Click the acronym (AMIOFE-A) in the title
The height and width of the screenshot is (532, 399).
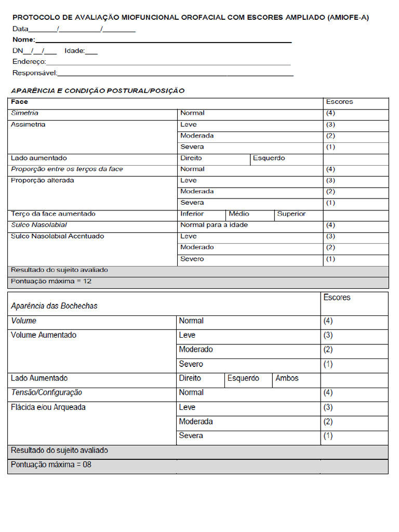point(348,17)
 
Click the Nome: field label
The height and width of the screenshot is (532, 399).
point(24,39)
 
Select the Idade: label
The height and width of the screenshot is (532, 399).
point(75,51)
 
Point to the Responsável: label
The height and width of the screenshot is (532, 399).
point(35,73)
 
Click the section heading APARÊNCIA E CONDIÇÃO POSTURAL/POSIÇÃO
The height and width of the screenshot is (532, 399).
point(98,90)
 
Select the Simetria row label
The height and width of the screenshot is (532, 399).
point(25,113)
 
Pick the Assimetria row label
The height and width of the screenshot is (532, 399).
point(28,124)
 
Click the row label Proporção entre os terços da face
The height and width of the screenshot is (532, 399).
point(67,169)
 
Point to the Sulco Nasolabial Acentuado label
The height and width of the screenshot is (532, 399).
point(58,236)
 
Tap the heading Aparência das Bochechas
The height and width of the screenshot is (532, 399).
point(54,305)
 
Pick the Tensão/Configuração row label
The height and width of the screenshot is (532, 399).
point(47,393)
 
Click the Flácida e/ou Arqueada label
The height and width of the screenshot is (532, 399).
point(48,407)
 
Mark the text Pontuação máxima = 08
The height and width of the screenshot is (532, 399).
point(51,464)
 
